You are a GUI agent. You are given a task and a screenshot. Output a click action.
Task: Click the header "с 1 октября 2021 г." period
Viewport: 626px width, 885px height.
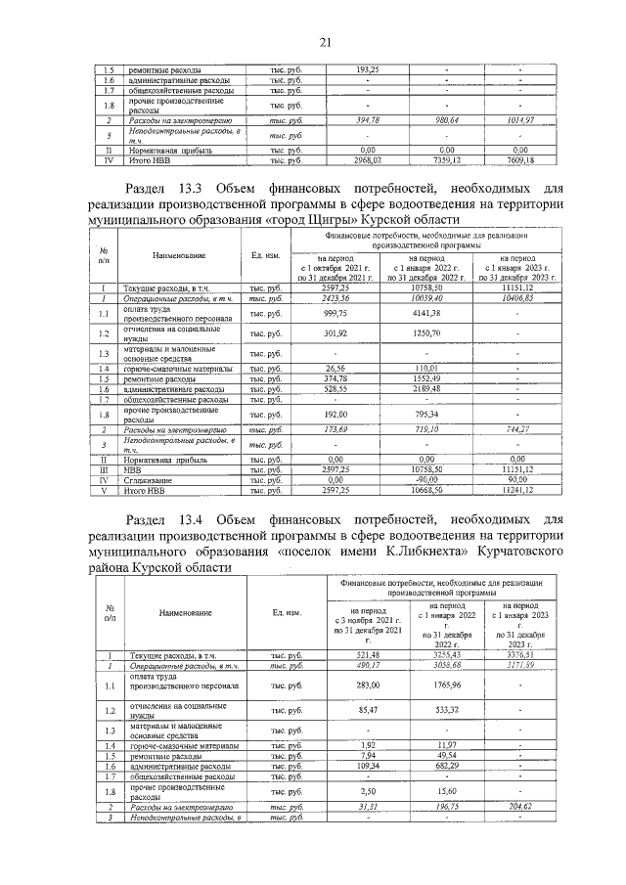tap(363, 268)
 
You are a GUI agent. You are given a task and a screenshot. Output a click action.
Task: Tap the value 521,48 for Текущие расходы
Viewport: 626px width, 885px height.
tap(367, 654)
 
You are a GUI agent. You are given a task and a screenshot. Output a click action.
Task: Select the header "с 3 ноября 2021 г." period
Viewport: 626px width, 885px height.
tap(367, 619)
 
